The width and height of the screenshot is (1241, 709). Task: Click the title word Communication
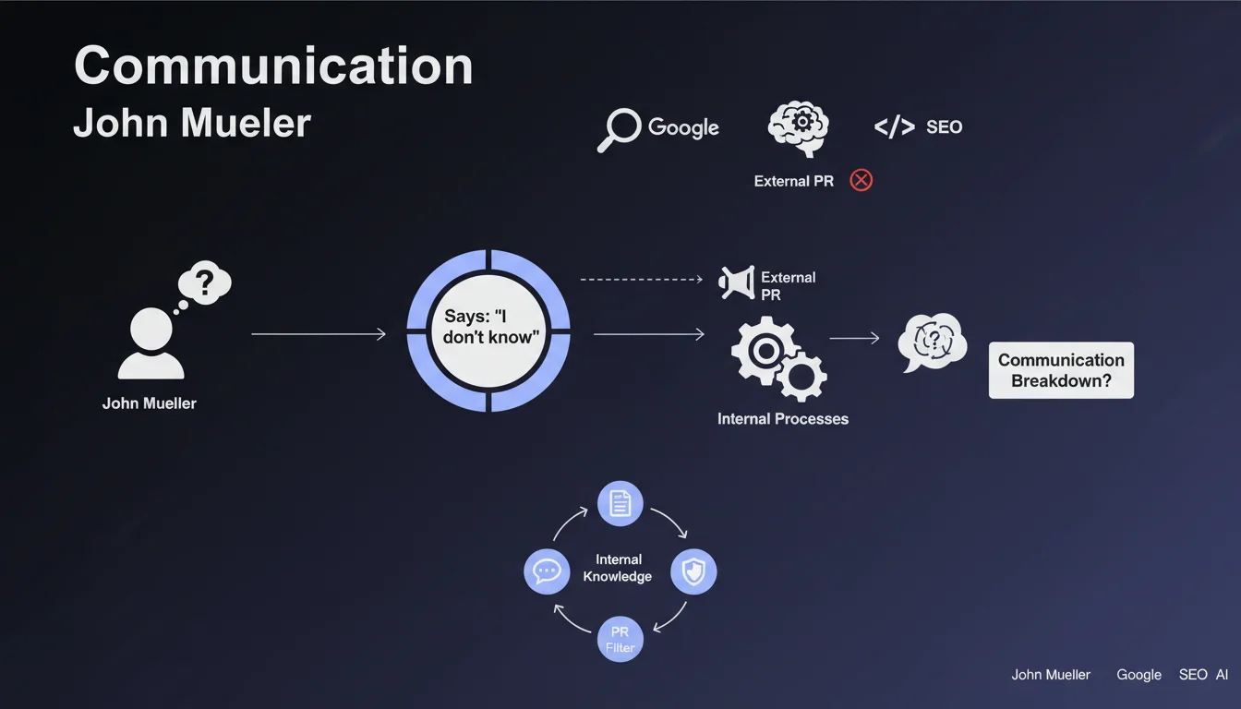(272, 67)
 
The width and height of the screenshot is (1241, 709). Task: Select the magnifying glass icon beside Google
(618, 129)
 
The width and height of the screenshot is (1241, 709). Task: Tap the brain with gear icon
(798, 128)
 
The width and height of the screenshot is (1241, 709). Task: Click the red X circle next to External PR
(861, 180)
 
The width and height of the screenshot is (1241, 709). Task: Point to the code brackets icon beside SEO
(893, 127)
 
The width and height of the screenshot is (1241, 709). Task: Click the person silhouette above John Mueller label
(151, 343)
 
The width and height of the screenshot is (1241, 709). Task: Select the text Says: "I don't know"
(488, 328)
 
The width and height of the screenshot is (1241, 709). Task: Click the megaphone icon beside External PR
(737, 283)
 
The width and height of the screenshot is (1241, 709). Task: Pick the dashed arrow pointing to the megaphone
(641, 278)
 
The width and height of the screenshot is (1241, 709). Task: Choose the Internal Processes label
(782, 419)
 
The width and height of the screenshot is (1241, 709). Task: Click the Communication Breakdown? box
(1061, 370)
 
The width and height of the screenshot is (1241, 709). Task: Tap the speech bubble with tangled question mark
(932, 342)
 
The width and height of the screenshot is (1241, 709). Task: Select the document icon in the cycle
(620, 503)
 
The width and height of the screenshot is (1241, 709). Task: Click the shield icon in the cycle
(693, 572)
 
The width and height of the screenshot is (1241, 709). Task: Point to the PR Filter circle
(620, 640)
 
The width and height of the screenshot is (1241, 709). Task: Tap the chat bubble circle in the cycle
(547, 572)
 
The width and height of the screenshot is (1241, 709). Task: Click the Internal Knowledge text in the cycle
(618, 568)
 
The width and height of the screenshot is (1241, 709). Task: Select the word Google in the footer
(1139, 675)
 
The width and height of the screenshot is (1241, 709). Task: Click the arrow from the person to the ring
(318, 334)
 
